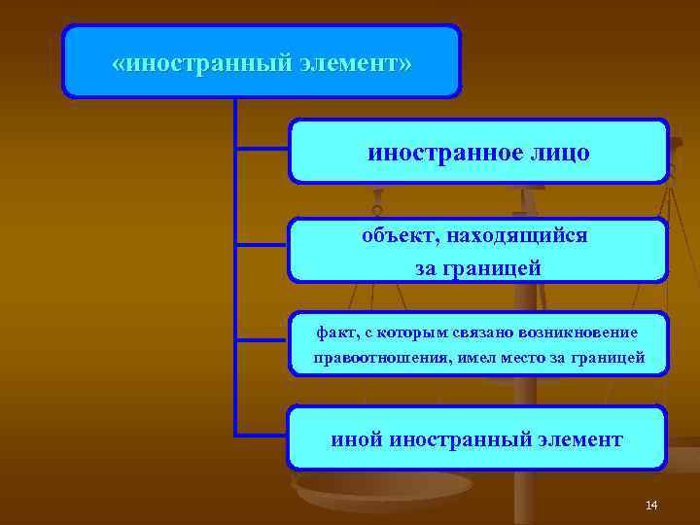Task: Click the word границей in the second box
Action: point(492,267)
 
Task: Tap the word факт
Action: point(333,332)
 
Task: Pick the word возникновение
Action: point(582,332)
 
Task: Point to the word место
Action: point(525,358)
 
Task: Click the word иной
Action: point(356,439)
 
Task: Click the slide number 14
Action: point(651,505)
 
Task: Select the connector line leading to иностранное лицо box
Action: point(262,149)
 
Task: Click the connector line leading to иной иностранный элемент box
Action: point(262,435)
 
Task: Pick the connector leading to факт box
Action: point(262,341)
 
